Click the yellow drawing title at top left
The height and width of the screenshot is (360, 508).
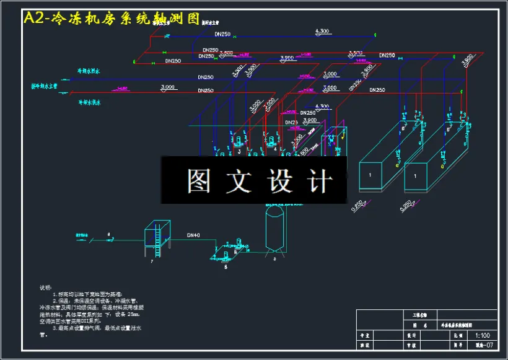tap(112, 19)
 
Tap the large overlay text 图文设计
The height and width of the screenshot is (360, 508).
tap(260, 181)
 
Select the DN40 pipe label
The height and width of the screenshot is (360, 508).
tap(194, 235)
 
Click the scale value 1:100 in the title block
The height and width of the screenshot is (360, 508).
tap(483, 335)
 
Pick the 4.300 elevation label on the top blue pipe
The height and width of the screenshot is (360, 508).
tap(322, 30)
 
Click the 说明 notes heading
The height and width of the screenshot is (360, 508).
tap(46, 288)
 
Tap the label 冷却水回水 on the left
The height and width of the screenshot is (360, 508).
tap(89, 71)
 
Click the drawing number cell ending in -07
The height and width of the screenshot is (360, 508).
tap(483, 346)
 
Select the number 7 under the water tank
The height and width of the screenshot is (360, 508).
tap(151, 261)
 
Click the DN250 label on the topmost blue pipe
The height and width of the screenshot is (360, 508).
tap(222, 34)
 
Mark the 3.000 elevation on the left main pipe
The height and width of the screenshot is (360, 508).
tap(167, 86)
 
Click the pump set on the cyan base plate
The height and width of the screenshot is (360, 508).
tap(229, 250)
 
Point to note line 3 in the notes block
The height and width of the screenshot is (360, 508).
tap(93, 329)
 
